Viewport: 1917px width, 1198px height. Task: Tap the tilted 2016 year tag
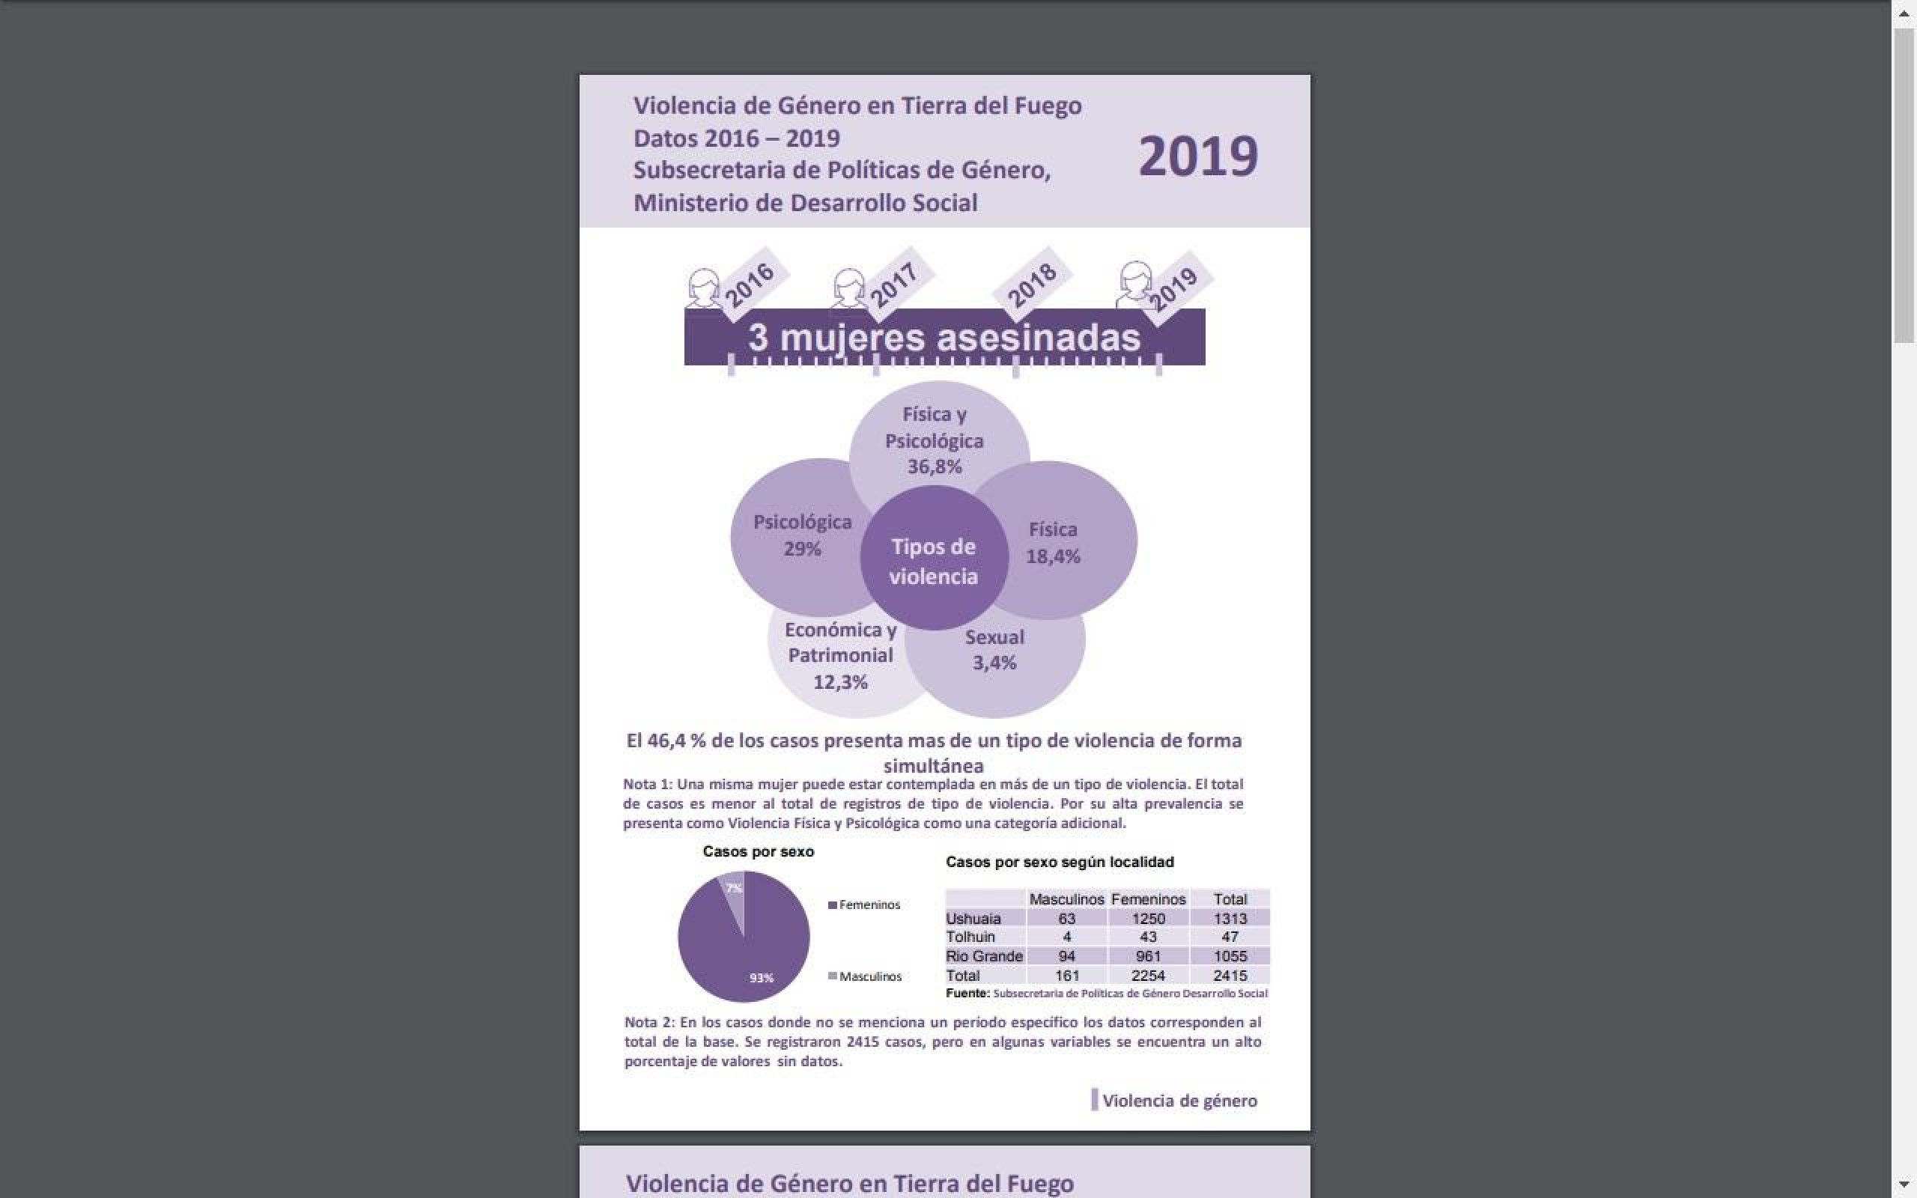749,285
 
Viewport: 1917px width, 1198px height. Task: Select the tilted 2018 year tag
1031,285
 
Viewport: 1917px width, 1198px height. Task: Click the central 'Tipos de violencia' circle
933,561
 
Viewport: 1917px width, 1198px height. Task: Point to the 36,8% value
935,466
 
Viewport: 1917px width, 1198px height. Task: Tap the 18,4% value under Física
1053,556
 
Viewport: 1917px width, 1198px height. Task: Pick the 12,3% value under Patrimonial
840,682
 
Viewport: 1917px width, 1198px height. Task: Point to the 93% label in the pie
762,978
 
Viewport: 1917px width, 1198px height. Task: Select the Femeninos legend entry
864,904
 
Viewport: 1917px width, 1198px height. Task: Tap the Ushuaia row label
973,918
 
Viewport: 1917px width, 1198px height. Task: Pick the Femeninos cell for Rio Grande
1148,956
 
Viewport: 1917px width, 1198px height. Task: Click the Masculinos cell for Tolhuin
1066,937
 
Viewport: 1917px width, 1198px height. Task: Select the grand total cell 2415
1230,976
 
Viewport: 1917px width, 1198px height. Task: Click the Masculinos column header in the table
1066,899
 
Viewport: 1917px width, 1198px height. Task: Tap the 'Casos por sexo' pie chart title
758,852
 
